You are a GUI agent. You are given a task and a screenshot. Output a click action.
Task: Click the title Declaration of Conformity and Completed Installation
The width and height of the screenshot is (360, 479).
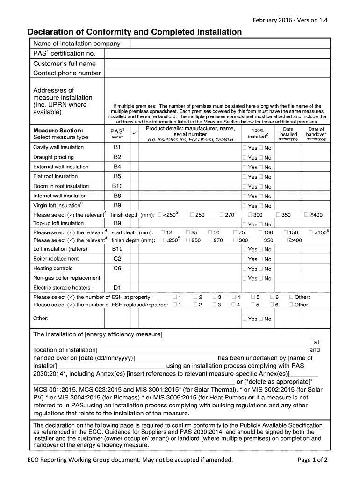[135, 32]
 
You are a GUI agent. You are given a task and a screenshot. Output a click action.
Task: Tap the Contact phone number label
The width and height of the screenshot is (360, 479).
[67, 73]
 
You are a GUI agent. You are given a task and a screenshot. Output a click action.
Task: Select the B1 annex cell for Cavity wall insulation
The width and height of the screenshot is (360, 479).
[117, 147]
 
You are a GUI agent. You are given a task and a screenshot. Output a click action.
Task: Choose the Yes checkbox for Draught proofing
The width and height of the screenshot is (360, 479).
[245, 158]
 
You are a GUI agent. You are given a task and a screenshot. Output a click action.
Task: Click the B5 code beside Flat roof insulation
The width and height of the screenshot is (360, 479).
[117, 176]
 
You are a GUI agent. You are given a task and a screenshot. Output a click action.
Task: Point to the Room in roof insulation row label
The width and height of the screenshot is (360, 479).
[61, 186]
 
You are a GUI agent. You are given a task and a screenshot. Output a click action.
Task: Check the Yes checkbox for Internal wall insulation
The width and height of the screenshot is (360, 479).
[245, 196]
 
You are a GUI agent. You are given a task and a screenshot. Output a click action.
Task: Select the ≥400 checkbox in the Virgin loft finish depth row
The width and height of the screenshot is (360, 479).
[307, 215]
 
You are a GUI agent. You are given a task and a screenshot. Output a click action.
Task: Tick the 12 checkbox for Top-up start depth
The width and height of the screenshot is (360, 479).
[162, 232]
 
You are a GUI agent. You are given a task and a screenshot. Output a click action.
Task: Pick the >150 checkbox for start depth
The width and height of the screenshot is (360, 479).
[311, 232]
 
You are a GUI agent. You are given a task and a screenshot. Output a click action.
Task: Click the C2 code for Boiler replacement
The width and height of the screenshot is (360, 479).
[117, 259]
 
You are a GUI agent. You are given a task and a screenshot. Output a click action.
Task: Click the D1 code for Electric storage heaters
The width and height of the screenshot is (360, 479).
[117, 288]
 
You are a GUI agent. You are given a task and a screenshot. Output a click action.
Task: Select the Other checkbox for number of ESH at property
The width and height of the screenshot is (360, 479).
[291, 297]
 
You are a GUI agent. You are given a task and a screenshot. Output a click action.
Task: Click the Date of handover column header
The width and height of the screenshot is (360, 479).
[316, 134]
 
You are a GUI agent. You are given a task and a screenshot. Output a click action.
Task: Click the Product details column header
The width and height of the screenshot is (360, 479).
[190, 134]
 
